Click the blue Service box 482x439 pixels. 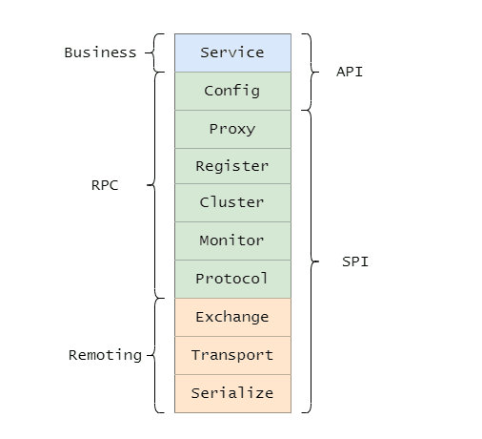click(x=232, y=52)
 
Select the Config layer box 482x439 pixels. click(x=232, y=92)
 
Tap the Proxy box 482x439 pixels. click(x=232, y=130)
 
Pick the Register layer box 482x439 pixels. click(x=232, y=166)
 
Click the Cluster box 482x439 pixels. click(x=232, y=203)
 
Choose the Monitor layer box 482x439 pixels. click(x=232, y=241)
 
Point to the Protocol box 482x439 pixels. click(x=232, y=280)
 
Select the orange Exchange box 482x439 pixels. click(x=232, y=318)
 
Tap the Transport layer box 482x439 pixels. click(x=232, y=356)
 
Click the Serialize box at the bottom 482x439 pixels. click(x=232, y=394)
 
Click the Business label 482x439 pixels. click(x=100, y=52)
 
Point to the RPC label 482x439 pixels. click(x=105, y=185)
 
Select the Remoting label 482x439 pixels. click(x=105, y=355)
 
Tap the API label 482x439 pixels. click(x=350, y=72)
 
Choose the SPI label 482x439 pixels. click(x=355, y=261)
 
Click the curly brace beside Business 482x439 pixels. click(x=153, y=52)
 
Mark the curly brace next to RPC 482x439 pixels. click(x=154, y=185)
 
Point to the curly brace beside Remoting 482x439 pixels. click(x=154, y=355)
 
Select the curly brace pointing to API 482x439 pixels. click(x=311, y=73)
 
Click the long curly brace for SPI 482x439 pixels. click(x=311, y=261)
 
